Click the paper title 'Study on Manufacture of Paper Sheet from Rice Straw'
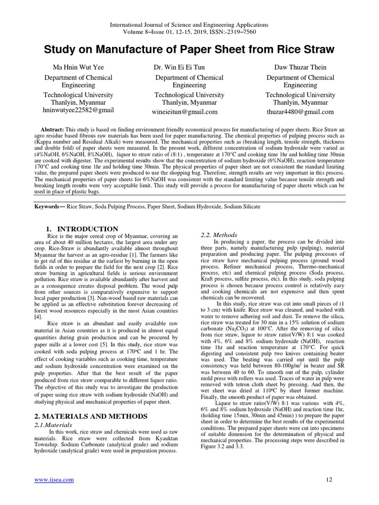[189, 50]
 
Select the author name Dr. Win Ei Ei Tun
[189, 67]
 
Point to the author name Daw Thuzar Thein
[300, 67]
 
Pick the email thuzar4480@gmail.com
[300, 112]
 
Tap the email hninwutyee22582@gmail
[78, 110]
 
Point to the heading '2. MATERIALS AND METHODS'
[91, 416]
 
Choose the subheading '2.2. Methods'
[219, 235]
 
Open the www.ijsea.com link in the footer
[54, 480]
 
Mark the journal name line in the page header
[189, 25]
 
